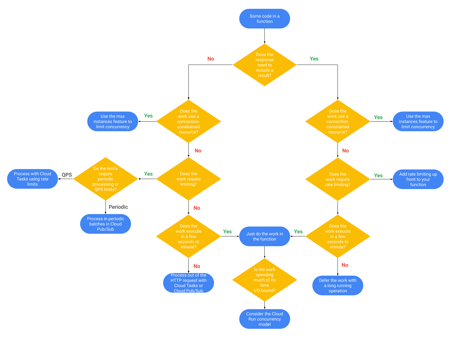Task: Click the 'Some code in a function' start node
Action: (264, 19)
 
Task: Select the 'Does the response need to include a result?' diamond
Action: (264, 65)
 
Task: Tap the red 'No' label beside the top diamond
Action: (211, 59)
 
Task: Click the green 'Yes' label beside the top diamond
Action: (314, 59)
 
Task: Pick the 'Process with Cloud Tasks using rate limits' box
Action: (32, 179)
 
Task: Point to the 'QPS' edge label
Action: (67, 175)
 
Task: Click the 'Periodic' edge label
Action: (118, 207)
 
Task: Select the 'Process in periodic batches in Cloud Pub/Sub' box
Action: (106, 224)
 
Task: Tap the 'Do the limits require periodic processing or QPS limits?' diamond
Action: (106, 179)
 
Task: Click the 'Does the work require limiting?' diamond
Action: (188, 179)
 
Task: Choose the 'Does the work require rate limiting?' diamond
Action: (337, 179)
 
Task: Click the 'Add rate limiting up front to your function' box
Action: (418, 179)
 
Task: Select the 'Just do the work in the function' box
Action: (264, 236)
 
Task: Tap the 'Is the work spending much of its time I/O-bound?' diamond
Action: (264, 280)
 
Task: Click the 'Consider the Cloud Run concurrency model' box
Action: (264, 319)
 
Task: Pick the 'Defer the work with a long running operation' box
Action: (337, 286)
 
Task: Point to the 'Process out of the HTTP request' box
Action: (188, 283)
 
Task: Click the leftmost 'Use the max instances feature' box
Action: (113, 122)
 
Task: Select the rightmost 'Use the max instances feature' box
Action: (418, 122)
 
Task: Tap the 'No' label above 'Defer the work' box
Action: (345, 265)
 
